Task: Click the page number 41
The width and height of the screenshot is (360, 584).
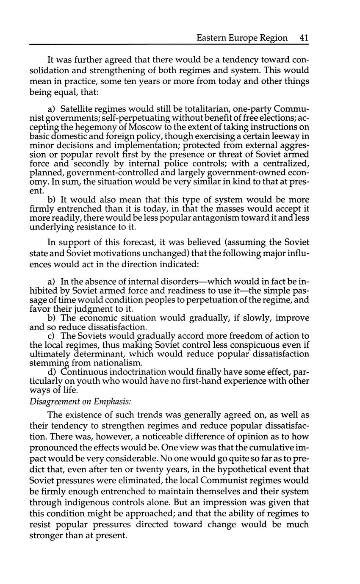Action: [x=304, y=38]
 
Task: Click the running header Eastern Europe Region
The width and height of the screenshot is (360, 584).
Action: [x=242, y=38]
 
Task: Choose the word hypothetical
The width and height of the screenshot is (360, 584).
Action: [x=250, y=469]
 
